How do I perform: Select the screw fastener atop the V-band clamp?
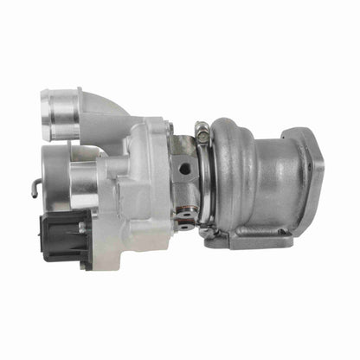tap(201, 134)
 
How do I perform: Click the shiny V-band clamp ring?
tap(207, 182)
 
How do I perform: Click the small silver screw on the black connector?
tap(82, 228)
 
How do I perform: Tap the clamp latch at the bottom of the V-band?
tap(207, 231)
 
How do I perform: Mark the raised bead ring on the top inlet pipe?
tap(76, 112)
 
